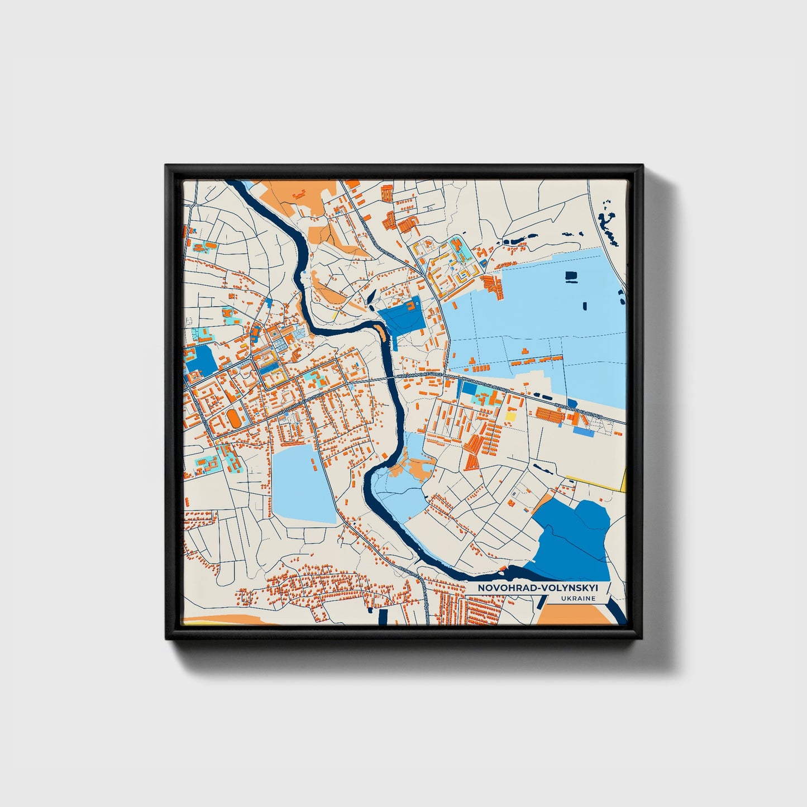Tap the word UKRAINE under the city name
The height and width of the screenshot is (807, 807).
coord(579,598)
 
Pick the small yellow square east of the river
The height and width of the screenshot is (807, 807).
coord(510,416)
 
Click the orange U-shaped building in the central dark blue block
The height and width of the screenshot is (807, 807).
coord(413,305)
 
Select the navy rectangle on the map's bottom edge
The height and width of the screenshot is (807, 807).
coord(383,617)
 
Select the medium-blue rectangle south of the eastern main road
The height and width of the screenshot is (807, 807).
coord(582,432)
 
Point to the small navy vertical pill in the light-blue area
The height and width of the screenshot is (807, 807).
coord(585,305)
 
